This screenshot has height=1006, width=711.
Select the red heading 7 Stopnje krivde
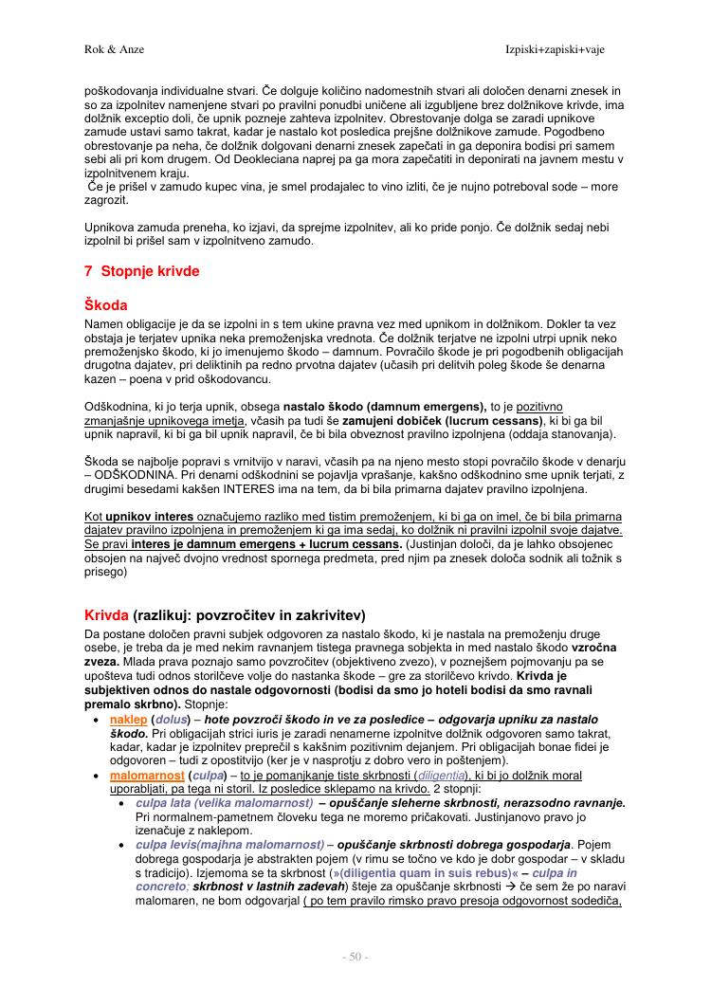click(x=142, y=271)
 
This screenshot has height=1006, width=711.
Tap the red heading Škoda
click(x=105, y=306)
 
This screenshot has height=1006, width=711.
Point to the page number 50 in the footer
click(x=355, y=957)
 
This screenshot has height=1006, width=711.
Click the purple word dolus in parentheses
click(x=173, y=721)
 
